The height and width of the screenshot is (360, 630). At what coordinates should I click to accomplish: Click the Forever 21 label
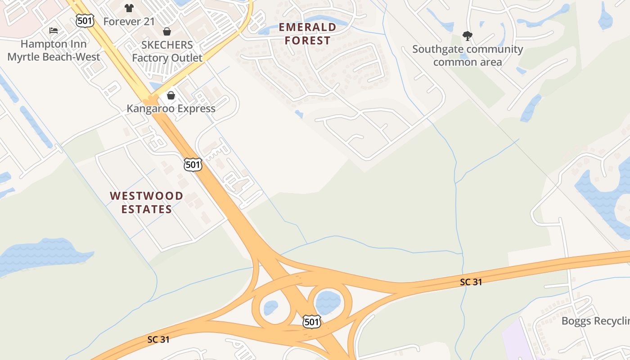pos(129,21)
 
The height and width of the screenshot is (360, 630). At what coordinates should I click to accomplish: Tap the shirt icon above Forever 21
pos(129,8)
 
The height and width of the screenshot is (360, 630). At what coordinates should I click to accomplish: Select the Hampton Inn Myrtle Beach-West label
pos(54,50)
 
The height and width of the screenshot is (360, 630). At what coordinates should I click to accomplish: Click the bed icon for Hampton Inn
pos(54,31)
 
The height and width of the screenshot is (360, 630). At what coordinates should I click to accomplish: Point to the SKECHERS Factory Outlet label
pos(167,51)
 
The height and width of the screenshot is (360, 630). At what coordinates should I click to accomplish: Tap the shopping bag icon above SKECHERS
pos(167,31)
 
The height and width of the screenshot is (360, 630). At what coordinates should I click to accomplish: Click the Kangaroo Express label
pos(171,108)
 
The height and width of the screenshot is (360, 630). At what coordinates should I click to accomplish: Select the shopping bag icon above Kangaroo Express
pos(171,95)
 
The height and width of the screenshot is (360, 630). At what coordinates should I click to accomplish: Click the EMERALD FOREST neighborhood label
pos(308,34)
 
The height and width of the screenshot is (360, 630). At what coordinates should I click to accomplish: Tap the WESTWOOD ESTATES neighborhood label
pos(147,202)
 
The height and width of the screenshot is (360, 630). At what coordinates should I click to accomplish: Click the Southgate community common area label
pos(468,55)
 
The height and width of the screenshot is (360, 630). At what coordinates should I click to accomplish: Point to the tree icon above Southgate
pos(468,36)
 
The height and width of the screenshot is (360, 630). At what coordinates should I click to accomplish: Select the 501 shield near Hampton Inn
pos(85,20)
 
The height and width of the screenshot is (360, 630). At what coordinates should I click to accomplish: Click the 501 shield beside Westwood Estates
pos(193,164)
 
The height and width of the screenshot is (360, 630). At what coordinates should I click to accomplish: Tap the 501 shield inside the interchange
pos(311,321)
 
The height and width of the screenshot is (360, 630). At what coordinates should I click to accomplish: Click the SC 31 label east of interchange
pos(471,282)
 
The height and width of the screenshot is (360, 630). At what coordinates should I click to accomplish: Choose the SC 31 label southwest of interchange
pos(158,339)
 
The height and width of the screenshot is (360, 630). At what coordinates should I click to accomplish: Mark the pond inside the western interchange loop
pos(270,308)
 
